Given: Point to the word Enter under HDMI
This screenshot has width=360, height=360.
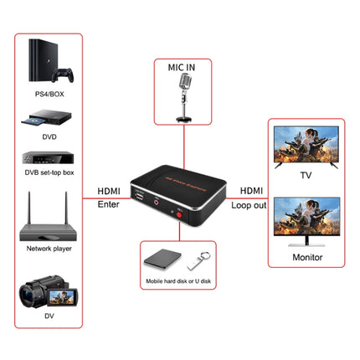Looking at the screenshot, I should (109, 203).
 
